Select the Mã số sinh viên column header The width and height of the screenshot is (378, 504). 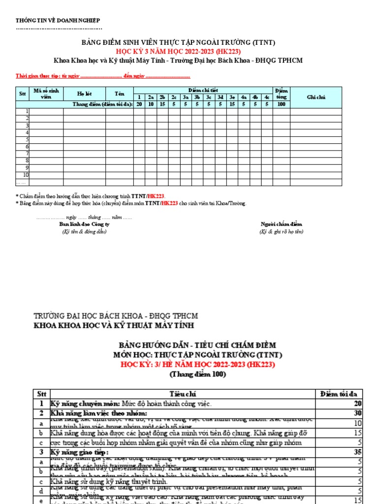point(46,94)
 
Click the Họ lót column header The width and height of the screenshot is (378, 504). point(85,94)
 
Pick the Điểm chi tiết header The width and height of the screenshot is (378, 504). point(203,90)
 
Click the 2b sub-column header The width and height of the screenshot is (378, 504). point(163,97)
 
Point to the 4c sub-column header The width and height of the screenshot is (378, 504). point(267,97)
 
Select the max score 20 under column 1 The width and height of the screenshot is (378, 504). point(139,104)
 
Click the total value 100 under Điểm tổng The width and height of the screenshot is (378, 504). point(282,104)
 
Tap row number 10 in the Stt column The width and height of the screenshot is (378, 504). point(26,175)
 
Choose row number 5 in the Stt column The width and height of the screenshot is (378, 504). point(27,139)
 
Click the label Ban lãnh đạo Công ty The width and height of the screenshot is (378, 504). point(84,224)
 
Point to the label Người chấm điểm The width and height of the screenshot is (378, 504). point(282,224)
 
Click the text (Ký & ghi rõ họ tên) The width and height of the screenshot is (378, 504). point(282,231)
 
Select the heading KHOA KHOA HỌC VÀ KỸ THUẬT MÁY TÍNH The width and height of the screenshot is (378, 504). point(114,326)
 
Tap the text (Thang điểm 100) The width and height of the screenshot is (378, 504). point(197,375)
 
